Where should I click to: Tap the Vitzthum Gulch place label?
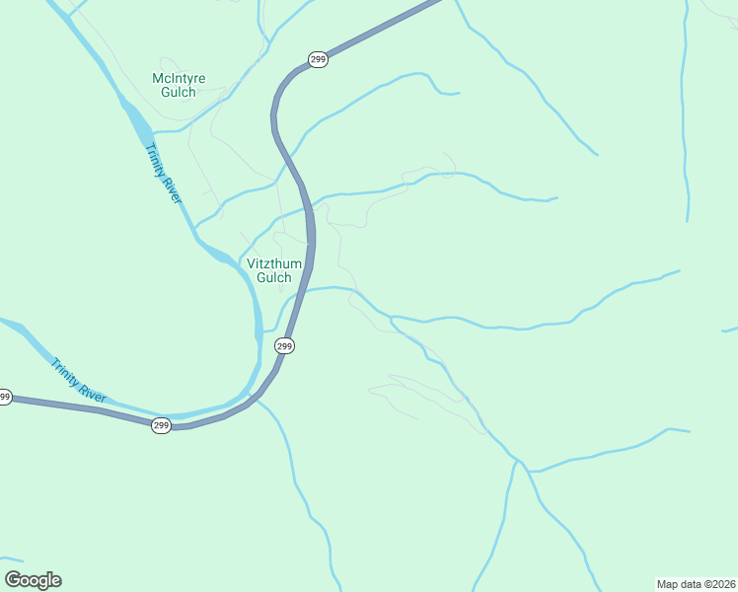(x=274, y=270)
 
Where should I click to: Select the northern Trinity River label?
(x=164, y=175)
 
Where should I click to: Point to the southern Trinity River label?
(x=77, y=380)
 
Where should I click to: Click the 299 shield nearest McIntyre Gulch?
(x=317, y=60)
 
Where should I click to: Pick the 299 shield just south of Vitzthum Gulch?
(x=284, y=345)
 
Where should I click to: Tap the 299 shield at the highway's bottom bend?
(x=162, y=425)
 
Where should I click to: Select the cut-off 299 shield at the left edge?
(x=5, y=397)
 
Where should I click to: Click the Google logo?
(x=33, y=580)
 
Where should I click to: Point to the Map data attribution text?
(x=697, y=583)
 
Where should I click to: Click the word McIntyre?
(x=179, y=78)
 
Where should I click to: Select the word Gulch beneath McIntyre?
(x=179, y=93)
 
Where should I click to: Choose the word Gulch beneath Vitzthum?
(x=274, y=278)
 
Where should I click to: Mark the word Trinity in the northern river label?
(x=156, y=162)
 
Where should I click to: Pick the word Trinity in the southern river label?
(x=65, y=372)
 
